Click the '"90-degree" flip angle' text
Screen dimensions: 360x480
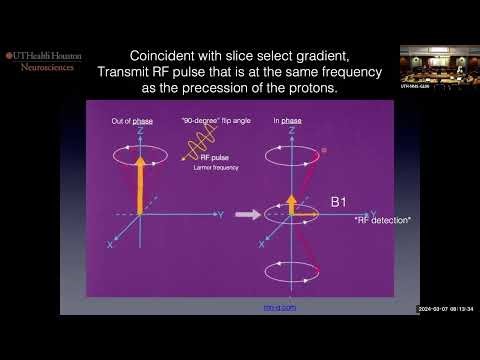click(x=206, y=120)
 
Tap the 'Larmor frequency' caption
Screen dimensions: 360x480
click(x=214, y=168)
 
